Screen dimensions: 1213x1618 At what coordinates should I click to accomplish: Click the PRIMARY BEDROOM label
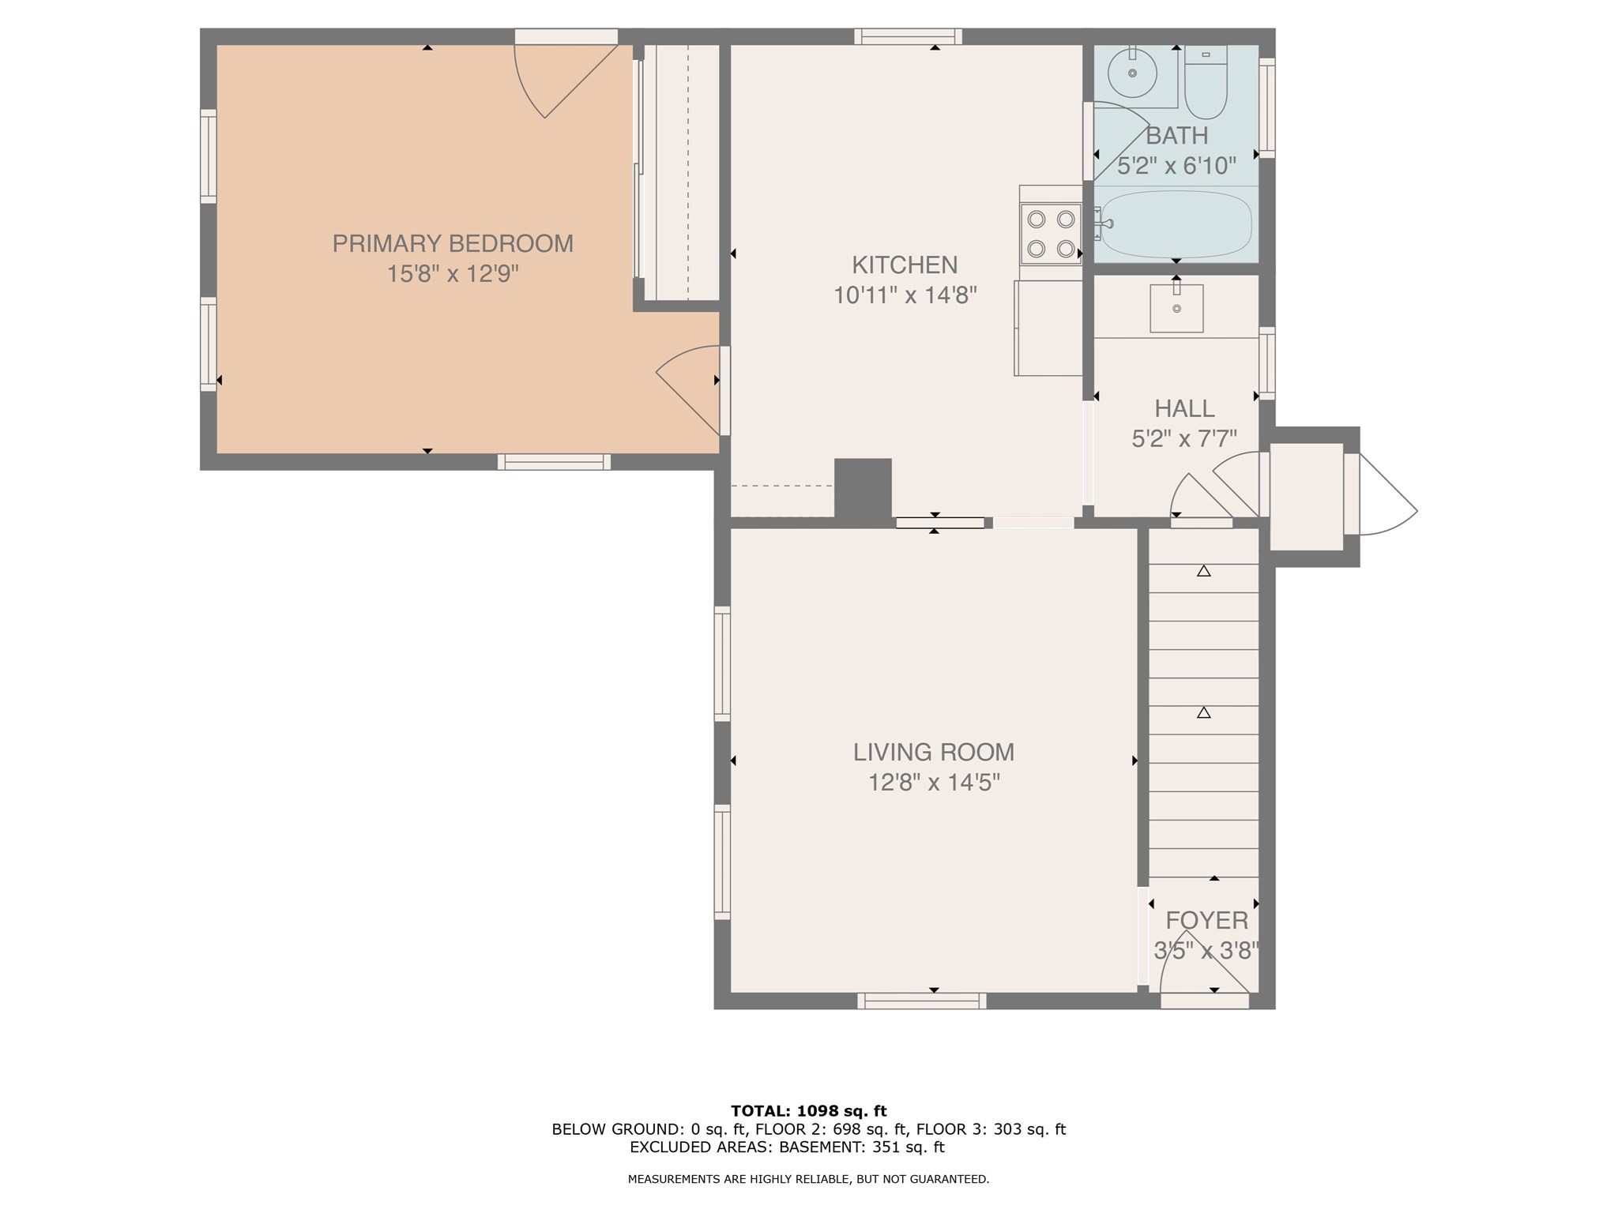coord(452,243)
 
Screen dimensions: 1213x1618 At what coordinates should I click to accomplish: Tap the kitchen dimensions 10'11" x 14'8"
coord(905,295)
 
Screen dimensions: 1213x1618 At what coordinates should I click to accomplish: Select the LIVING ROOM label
coord(933,752)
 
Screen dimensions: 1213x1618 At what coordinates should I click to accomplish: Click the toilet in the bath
coord(1206,83)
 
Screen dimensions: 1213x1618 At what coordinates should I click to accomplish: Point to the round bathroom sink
coord(1132,73)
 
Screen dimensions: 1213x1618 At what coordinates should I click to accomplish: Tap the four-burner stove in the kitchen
coord(1050,234)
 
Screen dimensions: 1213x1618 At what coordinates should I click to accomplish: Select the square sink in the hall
coord(1176,308)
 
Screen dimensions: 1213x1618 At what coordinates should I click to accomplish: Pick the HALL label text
coord(1183,408)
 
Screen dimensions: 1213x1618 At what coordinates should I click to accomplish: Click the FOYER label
coord(1206,920)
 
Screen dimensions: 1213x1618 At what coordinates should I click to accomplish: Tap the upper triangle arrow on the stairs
coord(1203,570)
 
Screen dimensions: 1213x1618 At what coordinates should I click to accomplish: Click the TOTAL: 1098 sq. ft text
coord(808,1111)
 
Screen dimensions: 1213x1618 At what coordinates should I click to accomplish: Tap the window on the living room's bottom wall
coord(921,1001)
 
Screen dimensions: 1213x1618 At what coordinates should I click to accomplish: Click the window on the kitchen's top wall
coord(908,36)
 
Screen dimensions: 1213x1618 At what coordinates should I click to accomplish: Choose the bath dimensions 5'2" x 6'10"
coord(1176,166)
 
